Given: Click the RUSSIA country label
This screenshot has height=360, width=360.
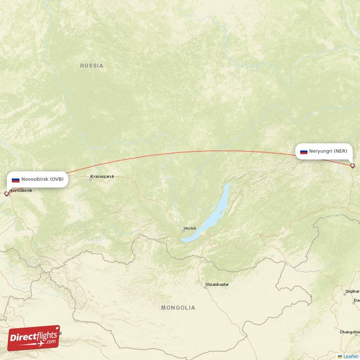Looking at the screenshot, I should [92, 66].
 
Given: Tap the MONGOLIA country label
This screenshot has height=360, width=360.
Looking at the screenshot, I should [179, 308].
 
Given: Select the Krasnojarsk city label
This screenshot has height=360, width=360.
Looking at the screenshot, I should [103, 176].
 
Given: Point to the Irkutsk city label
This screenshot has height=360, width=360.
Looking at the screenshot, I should [189, 228].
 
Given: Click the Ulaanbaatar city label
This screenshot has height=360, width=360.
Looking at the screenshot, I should [217, 284].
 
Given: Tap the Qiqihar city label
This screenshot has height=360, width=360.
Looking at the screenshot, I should [352, 291].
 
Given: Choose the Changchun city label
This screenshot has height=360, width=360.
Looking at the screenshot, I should [350, 332].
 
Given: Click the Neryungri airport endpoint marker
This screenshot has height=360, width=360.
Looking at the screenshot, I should [352, 166].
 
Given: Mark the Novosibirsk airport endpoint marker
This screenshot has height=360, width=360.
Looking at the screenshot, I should [6, 194].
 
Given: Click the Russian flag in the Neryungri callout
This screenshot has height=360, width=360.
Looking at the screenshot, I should [304, 152].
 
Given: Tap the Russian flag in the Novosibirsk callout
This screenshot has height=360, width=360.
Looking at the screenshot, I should [16, 180].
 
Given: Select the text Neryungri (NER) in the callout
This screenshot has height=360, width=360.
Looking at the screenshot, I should [328, 152].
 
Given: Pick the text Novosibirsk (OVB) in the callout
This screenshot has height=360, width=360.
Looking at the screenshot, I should [42, 179].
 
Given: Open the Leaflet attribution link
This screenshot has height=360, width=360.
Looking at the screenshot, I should [350, 356].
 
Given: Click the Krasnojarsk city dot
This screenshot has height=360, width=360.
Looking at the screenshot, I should [90, 180].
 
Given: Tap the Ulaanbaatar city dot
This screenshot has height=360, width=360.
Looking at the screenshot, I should [205, 287].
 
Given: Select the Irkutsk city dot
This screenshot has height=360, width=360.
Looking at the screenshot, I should [183, 231].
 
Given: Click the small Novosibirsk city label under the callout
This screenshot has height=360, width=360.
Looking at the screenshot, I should [21, 190].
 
